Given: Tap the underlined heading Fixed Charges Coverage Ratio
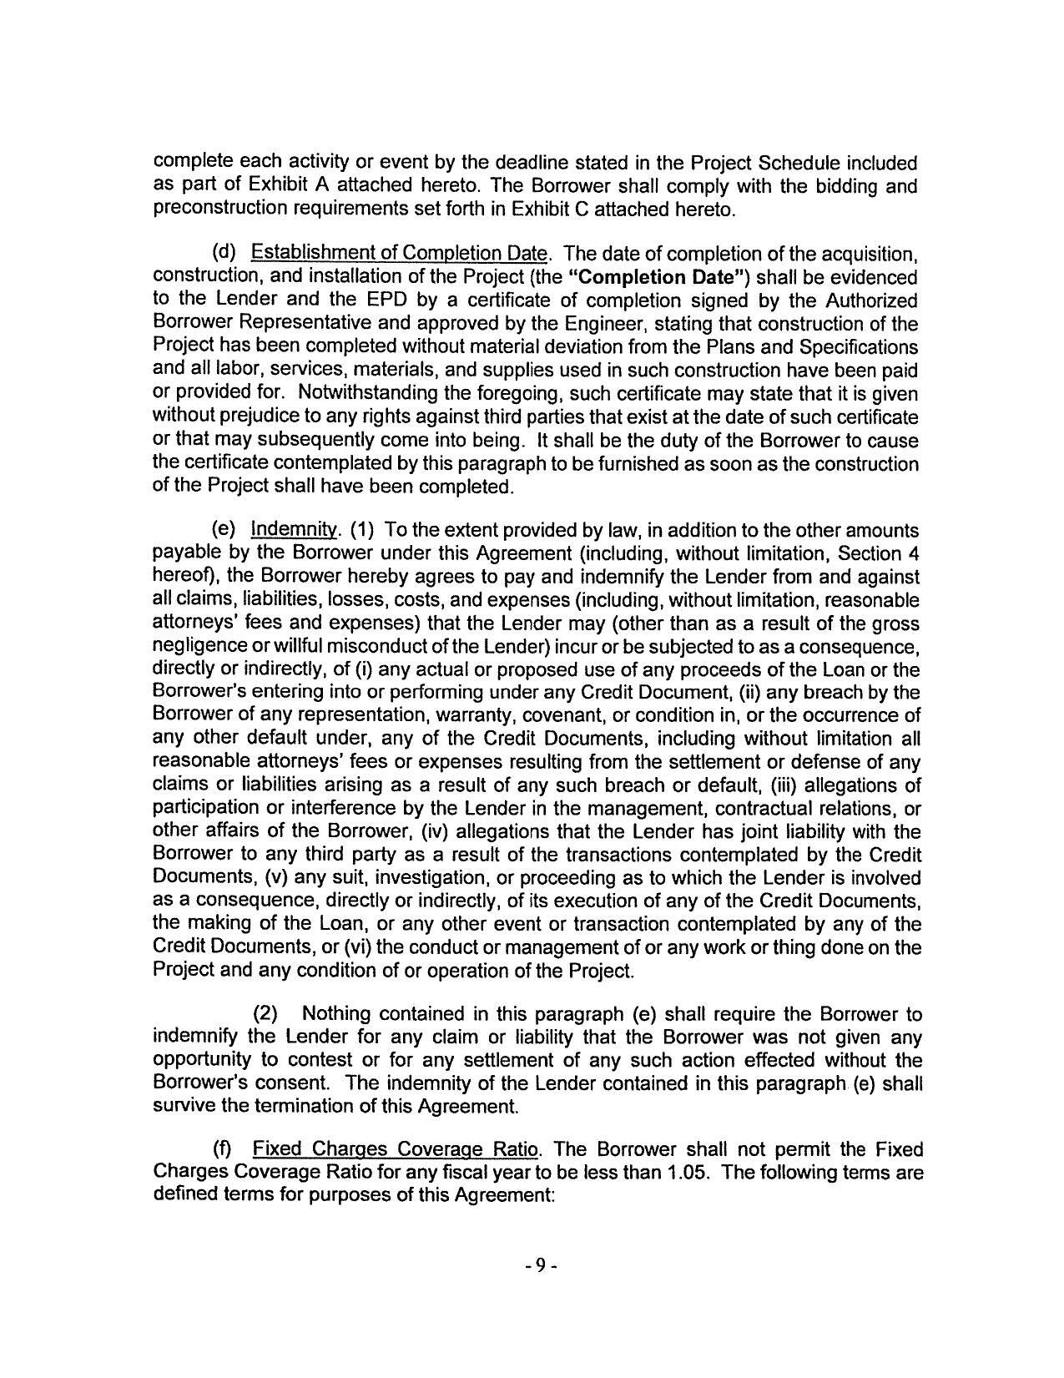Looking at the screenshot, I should pos(395,1150).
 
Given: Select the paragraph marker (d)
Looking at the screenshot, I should pos(224,254).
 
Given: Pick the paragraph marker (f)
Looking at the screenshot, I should pos(224,1150).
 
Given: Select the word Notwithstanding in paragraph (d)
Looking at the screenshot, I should pos(366,393).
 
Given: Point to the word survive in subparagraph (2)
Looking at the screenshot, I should pos(179,1108).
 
